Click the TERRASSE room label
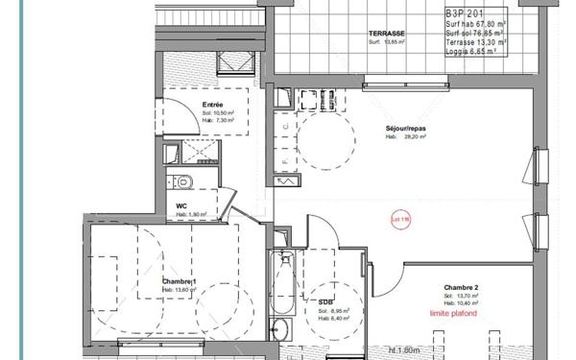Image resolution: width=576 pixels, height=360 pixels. [x=387, y=34]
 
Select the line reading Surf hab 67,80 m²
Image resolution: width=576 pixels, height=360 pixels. [x=477, y=24]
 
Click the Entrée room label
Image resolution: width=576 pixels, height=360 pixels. [x=213, y=104]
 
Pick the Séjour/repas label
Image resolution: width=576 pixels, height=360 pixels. [x=408, y=127]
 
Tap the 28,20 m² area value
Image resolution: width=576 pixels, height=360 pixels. [x=414, y=136]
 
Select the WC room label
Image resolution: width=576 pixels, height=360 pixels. [x=180, y=205]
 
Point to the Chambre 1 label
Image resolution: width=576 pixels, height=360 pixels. [x=180, y=280]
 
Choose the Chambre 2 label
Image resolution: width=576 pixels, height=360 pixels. [x=462, y=286]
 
